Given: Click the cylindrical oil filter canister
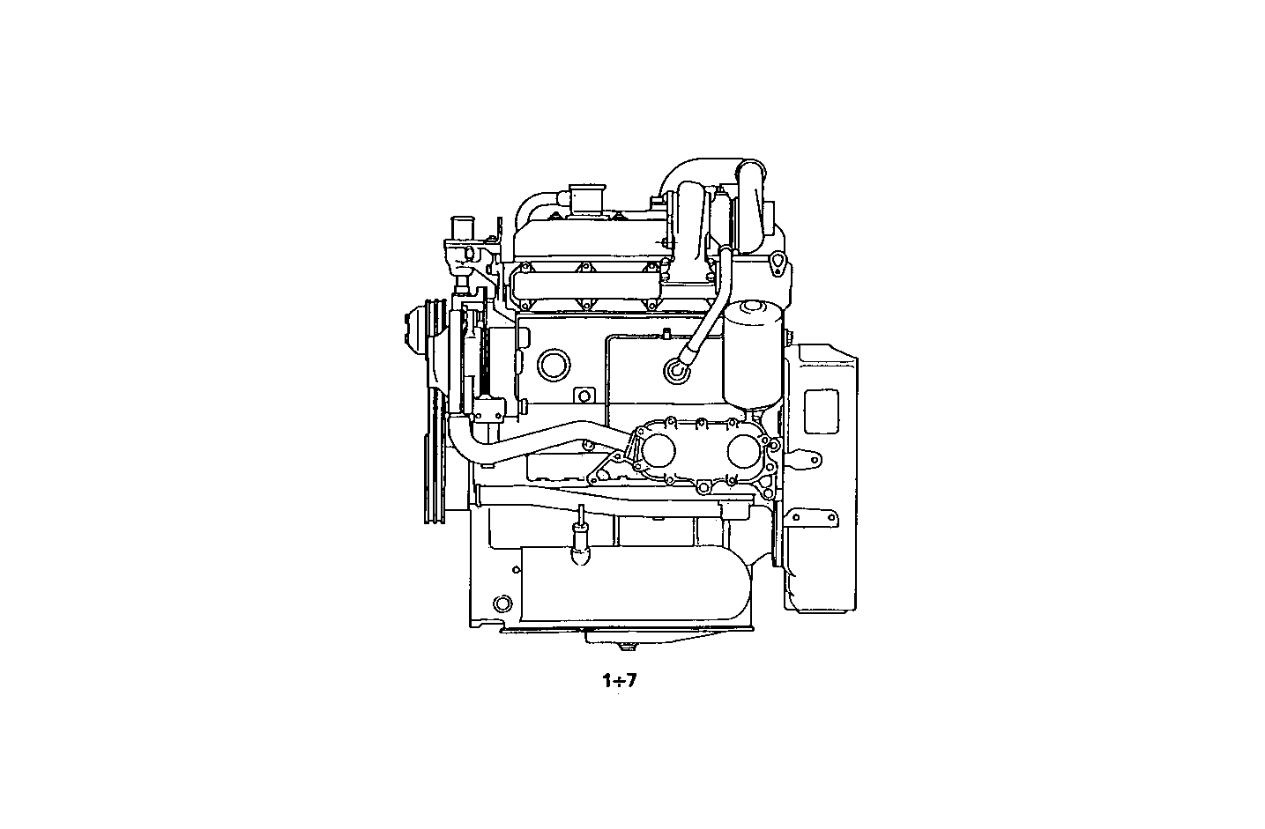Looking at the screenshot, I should [x=752, y=354].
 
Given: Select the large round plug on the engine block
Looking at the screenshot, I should [x=553, y=363].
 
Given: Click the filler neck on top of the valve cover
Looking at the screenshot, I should [x=583, y=199].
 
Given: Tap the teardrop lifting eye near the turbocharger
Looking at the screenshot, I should [x=778, y=264].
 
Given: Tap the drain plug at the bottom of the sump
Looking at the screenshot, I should [x=627, y=650].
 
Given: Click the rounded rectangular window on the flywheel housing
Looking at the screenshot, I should [x=822, y=410].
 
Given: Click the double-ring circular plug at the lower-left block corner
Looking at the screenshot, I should [x=502, y=604].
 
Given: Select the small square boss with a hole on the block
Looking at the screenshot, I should [x=581, y=396].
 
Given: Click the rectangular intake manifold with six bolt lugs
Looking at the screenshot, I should [x=584, y=285].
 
